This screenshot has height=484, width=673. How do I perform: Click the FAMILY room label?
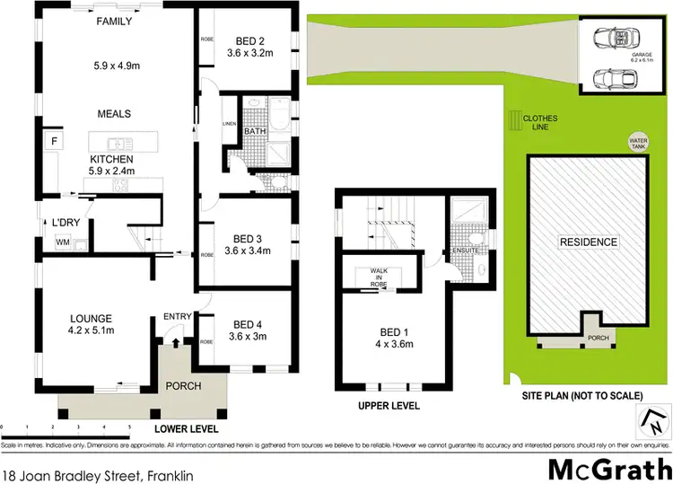114,21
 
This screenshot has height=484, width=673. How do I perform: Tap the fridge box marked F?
54,142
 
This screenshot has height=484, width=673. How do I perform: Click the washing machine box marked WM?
62,242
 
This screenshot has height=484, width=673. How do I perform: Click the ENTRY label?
176,316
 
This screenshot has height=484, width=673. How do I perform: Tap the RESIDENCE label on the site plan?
589,242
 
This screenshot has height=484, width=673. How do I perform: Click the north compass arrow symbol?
654,417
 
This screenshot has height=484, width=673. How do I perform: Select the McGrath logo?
608,466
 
